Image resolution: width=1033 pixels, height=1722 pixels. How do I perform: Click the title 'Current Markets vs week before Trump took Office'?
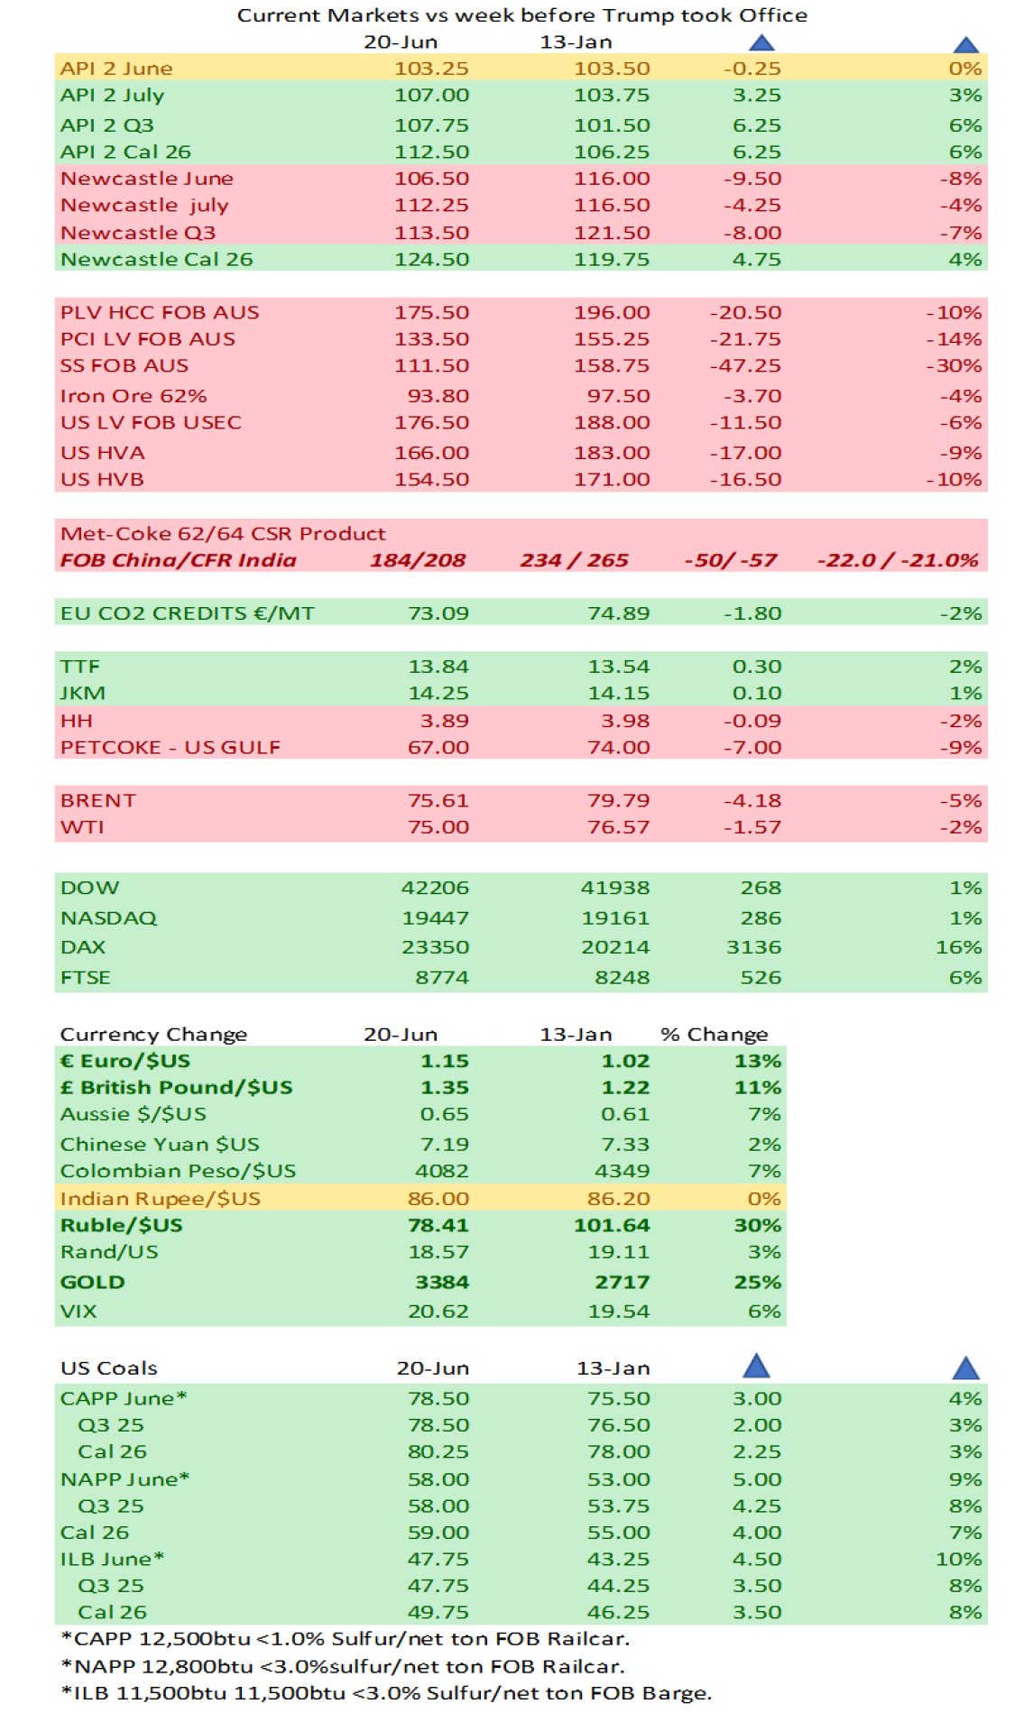pos(521,15)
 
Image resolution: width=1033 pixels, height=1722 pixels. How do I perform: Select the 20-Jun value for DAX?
pos(435,947)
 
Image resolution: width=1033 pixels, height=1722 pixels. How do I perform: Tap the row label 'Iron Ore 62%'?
pos(134,396)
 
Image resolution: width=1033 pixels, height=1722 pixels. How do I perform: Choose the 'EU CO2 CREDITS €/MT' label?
pos(187,613)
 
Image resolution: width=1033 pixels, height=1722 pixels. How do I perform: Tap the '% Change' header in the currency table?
pos(714,1035)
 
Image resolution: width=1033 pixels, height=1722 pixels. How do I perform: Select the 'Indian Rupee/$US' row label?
pos(160,1199)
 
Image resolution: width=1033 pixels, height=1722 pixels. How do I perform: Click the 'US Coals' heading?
pos(108,1368)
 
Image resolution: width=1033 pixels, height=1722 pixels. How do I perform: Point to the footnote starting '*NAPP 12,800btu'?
pos(343,1666)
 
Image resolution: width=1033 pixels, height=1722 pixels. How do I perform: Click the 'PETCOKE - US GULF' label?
pos(171,748)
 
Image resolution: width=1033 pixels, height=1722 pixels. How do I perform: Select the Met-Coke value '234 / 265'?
pos(574,560)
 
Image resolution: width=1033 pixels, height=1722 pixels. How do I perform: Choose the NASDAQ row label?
pos(108,918)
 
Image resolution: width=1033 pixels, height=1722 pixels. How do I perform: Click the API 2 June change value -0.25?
pos(752,69)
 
